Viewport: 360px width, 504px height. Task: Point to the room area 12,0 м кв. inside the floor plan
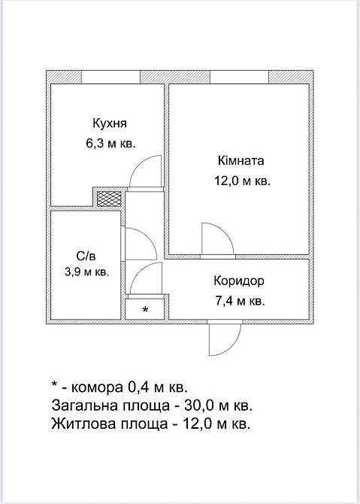point(241,181)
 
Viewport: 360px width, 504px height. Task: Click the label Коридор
point(240,281)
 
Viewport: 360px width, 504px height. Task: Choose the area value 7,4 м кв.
point(240,301)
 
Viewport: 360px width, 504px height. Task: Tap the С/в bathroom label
point(84,254)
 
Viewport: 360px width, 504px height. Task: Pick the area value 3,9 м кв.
point(85,272)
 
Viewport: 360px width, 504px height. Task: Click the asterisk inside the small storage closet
point(145,309)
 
